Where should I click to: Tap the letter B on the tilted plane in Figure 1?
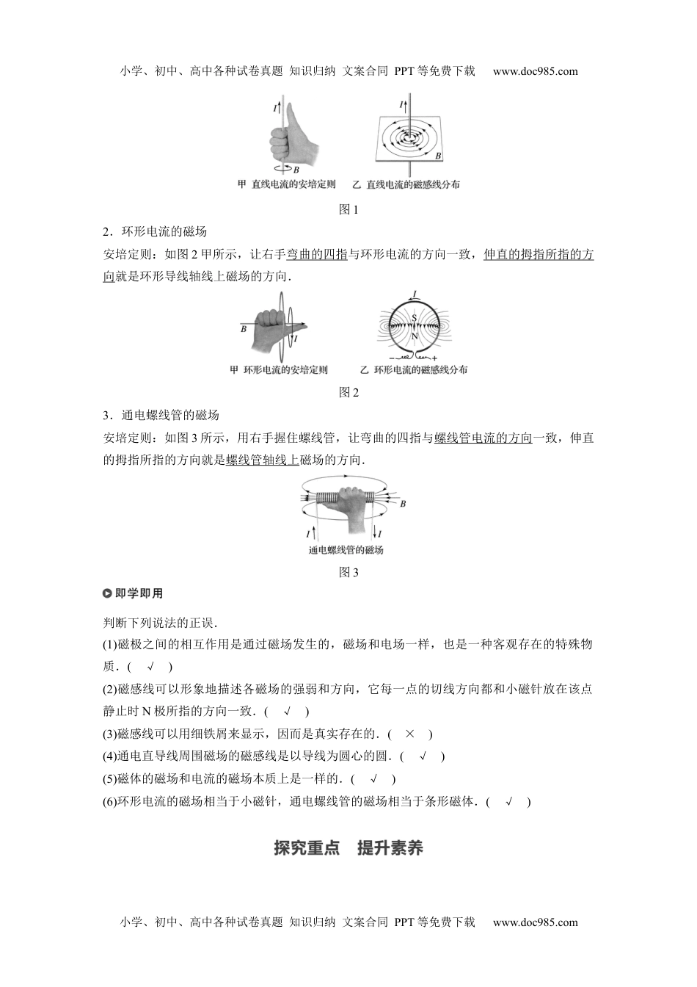pyautogui.click(x=438, y=156)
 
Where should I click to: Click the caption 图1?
pyautogui.click(x=348, y=210)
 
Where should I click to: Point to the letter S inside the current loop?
pyautogui.click(x=414, y=317)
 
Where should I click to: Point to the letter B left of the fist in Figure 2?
pyautogui.click(x=244, y=329)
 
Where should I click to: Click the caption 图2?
pyautogui.click(x=348, y=393)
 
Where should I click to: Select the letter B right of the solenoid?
pyautogui.click(x=403, y=504)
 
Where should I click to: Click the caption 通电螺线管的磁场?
pyautogui.click(x=346, y=551)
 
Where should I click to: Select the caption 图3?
pyautogui.click(x=348, y=573)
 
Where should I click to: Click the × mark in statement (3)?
pyautogui.click(x=409, y=734)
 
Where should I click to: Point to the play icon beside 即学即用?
pyautogui.click(x=108, y=593)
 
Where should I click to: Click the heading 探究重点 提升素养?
pyautogui.click(x=348, y=848)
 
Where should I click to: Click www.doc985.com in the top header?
pyautogui.click(x=535, y=71)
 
